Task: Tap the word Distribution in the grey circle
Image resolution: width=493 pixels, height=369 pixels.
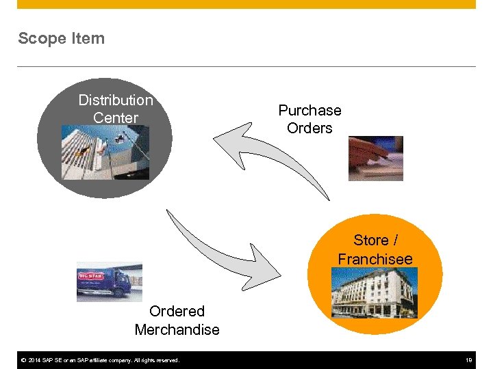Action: (116, 100)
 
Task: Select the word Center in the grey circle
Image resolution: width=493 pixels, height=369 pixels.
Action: (116, 118)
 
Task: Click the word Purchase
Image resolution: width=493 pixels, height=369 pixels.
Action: (309, 110)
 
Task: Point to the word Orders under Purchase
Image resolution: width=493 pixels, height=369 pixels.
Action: (309, 128)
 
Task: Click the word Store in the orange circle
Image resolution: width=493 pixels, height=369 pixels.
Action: (370, 241)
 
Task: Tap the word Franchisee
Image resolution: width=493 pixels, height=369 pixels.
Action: (375, 259)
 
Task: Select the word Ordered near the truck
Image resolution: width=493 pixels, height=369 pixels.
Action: (177, 312)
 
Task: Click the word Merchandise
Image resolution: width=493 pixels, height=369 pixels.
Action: (177, 329)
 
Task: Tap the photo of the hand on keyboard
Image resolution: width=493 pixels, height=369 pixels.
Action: (375, 158)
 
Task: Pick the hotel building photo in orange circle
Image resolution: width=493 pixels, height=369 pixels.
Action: (374, 293)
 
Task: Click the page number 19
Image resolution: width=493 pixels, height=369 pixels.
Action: (469, 360)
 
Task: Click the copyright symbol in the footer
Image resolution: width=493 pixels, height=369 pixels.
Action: (23, 360)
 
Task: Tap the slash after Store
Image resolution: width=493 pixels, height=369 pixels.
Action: (395, 241)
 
